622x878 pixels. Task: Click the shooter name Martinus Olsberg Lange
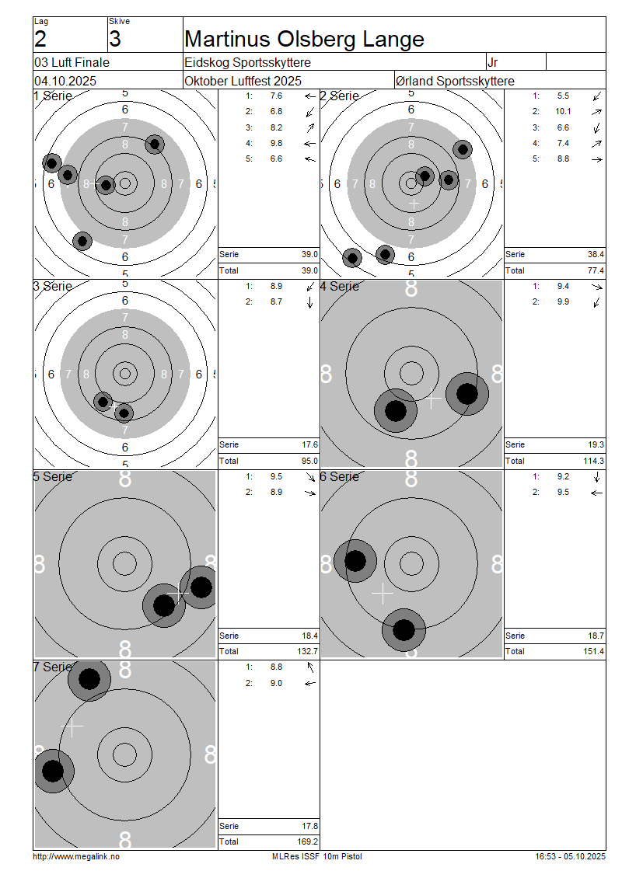pos(304,39)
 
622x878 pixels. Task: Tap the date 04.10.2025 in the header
pos(65,81)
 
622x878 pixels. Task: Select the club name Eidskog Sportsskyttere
pos(248,62)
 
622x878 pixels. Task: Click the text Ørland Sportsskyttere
pos(455,81)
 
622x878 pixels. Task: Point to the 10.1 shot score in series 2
pos(563,111)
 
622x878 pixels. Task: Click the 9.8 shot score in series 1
pos(276,143)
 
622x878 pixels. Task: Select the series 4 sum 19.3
pos(596,444)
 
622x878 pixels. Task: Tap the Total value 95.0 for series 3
pos(309,461)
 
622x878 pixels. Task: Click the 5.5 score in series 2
pos(563,96)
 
